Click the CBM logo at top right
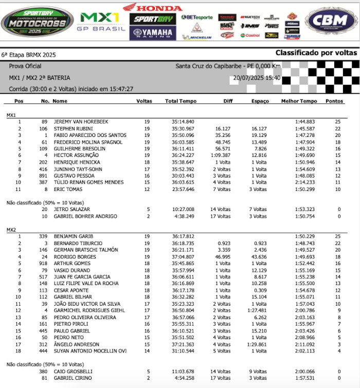[330, 21]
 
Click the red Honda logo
[152, 7]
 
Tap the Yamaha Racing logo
[152, 33]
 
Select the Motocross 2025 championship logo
[37, 22]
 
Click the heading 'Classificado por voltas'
[316, 53]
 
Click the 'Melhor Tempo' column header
[299, 101]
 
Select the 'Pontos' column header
[335, 101]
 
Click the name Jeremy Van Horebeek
[81, 121]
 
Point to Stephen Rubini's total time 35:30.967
[183, 129]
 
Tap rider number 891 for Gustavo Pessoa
[45, 175]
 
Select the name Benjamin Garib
[73, 236]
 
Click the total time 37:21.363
[183, 344]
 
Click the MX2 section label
[11, 229]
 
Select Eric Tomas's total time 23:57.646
[183, 189]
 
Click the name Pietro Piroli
[68, 324]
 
